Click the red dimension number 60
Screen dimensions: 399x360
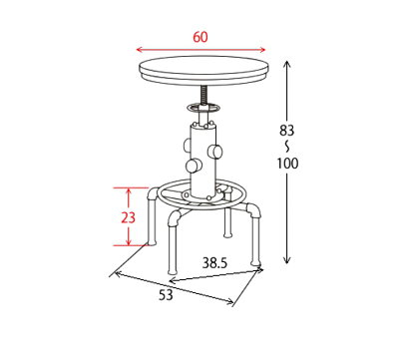pyautogui.click(x=200, y=37)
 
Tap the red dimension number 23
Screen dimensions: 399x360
pyautogui.click(x=128, y=217)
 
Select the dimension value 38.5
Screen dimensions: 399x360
pyautogui.click(x=214, y=263)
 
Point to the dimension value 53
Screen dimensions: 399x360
pyautogui.click(x=166, y=295)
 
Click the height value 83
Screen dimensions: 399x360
pyautogui.click(x=286, y=131)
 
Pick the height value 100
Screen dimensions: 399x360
pyautogui.click(x=288, y=164)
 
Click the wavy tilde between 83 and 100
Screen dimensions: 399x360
pyautogui.click(x=286, y=147)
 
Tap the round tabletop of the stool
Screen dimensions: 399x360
pyautogui.click(x=203, y=70)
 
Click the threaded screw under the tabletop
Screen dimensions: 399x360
pyautogui.click(x=203, y=95)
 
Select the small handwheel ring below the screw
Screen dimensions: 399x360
pyautogui.click(x=203, y=108)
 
